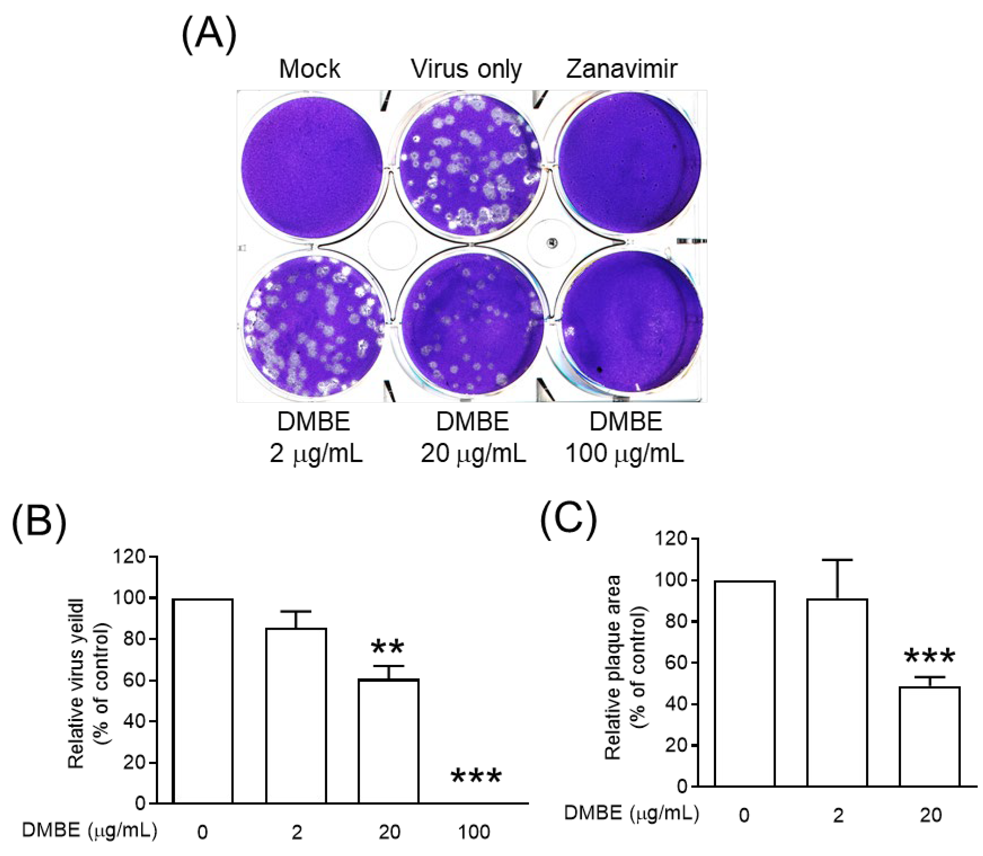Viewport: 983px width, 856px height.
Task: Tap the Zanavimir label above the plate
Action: coord(621,69)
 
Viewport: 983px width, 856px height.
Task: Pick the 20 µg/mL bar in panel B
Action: coord(389,740)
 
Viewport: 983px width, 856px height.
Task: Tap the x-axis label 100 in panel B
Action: coord(474,832)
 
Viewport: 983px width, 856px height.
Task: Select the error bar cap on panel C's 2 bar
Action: coord(837,560)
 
